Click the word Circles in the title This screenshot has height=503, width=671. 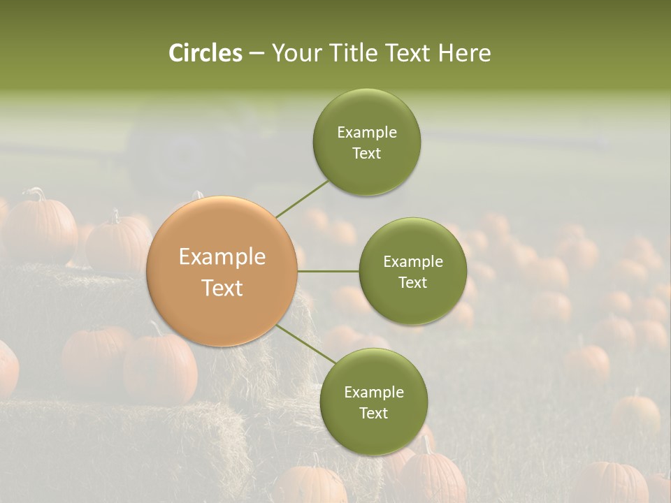205,53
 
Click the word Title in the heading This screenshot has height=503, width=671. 351,53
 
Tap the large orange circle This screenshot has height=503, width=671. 222,271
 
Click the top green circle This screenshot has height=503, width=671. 366,142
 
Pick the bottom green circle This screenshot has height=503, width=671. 373,402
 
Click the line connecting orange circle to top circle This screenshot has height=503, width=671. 302,199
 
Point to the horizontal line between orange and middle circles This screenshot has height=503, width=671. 329,271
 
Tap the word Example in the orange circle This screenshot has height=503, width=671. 222,257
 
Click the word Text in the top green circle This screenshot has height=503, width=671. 366,154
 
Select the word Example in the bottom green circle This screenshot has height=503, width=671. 373,392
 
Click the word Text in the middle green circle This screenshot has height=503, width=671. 412,283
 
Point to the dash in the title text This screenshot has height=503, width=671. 257,54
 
